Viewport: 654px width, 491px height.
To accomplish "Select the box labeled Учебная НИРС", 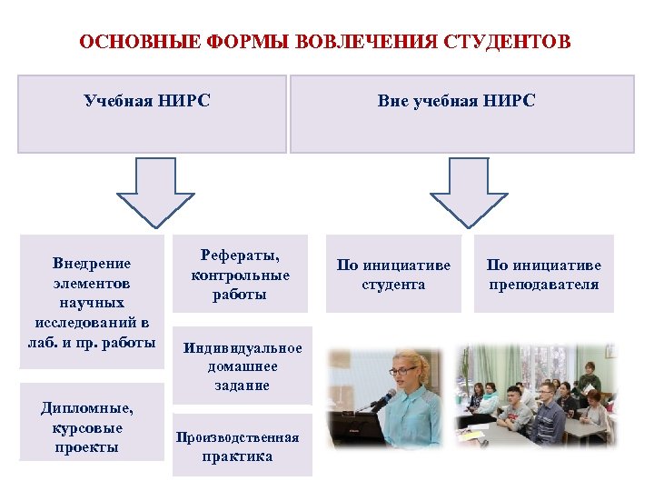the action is (x=152, y=114).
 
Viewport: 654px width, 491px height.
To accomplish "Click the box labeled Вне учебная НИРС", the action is (x=461, y=114).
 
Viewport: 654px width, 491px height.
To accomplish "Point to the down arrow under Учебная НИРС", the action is (x=157, y=191).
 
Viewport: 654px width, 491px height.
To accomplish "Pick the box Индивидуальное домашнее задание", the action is (x=243, y=366).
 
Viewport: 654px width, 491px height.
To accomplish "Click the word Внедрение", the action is (x=91, y=263).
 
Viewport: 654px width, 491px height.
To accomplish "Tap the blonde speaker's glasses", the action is (x=402, y=371).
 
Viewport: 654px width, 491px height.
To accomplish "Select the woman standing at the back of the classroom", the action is (x=591, y=377).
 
